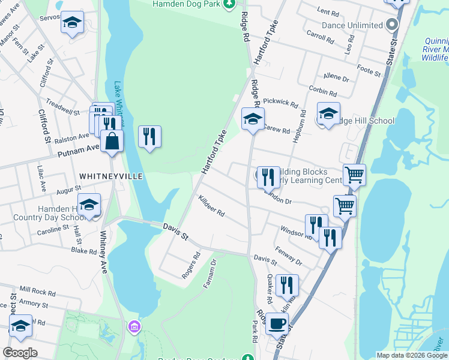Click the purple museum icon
pos(134,327)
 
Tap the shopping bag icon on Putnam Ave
pos(112,142)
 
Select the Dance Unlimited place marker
pos(393,25)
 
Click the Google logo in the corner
pos(20,353)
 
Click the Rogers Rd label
pos(190,265)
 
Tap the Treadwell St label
pos(62,109)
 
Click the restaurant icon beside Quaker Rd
pos(287,286)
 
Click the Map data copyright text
pos(412,355)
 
